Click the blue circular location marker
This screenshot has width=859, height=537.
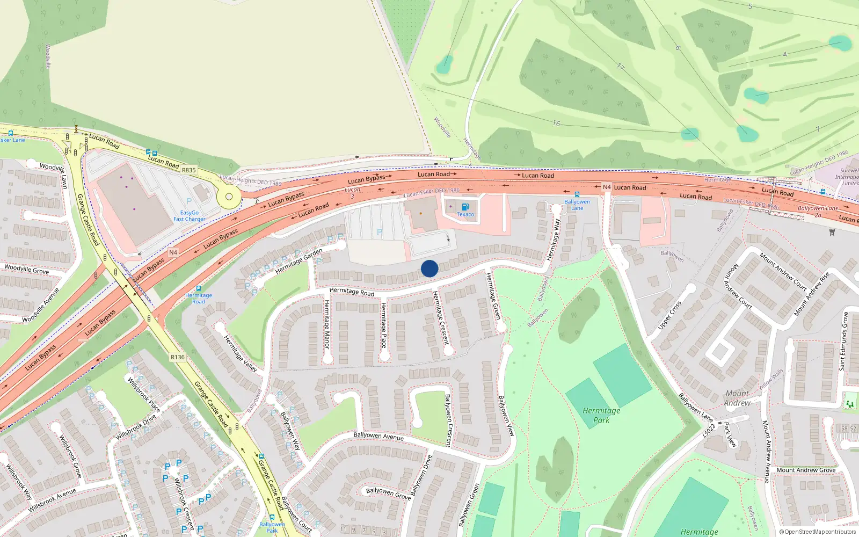pos(429,268)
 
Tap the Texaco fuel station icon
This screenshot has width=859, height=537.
pos(465,207)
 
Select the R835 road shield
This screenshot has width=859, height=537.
pos(188,170)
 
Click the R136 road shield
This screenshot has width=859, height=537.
pos(177,357)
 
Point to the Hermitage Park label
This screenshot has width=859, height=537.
pos(601,415)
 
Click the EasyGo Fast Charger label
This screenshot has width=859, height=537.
pos(189,216)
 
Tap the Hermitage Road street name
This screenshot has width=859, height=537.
pos(352,292)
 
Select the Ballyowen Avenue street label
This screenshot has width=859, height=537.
pos(378,436)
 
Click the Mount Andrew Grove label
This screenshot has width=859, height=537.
pos(806,470)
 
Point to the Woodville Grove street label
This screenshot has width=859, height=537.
pos(26,268)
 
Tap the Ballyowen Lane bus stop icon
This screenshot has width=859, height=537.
pos(577,194)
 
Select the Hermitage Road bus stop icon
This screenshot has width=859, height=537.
pos(199,288)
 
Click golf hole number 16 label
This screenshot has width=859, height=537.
pos(556,124)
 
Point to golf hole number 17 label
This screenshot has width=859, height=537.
pos(621,67)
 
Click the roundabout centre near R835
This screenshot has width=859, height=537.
pos(229,197)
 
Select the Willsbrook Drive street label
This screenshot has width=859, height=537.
pos(136,427)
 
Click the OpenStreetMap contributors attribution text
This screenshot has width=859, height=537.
pos(817,532)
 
